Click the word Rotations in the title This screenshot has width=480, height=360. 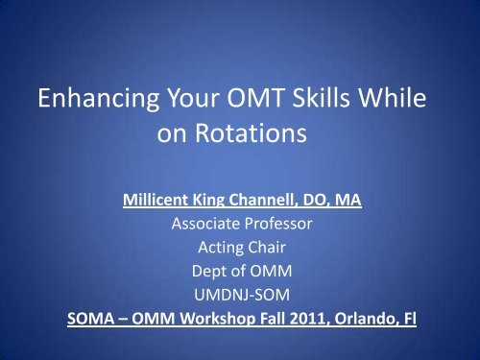click(255, 134)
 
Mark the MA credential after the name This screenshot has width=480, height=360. click(357, 203)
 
